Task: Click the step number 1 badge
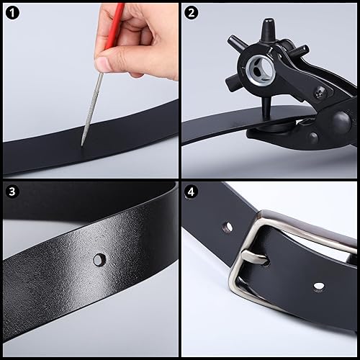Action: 12,13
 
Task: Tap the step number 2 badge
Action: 192,13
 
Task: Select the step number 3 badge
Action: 12,192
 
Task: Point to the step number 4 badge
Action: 192,192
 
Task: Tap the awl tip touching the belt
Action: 82,145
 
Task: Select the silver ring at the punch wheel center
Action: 259,68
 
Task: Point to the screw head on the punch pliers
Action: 320,91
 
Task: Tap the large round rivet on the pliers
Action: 341,120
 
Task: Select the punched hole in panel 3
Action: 99,260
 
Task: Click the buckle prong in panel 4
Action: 254,257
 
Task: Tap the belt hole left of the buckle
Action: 228,227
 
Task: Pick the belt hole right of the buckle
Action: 320,286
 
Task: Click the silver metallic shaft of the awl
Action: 92,109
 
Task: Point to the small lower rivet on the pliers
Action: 314,138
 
